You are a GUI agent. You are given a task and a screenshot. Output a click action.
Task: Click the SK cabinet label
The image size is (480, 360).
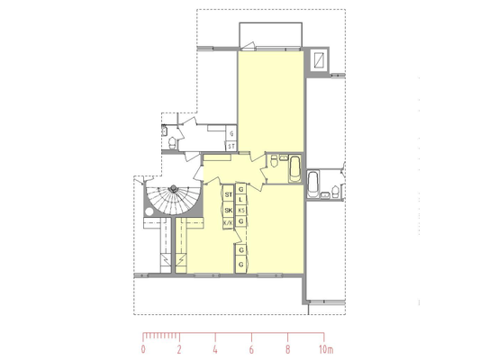pos(229,210)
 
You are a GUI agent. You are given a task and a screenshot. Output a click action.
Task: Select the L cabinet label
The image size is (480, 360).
pos(241,200)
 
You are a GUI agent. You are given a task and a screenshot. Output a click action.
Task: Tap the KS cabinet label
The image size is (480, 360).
pos(241,211)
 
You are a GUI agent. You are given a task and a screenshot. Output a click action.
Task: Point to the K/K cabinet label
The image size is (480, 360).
pos(228,222)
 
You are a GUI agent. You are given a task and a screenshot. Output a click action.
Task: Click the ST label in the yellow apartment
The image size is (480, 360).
pos(229,194)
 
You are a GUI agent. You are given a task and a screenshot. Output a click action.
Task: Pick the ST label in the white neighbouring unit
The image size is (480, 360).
pos(231,147)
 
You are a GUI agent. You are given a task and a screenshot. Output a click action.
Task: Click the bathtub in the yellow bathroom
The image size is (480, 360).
pos(295,169)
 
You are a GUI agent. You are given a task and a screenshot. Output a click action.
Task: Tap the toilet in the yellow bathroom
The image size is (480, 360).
pos(274,161)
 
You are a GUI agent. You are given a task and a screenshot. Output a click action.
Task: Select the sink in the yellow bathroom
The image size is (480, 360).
pos(284,158)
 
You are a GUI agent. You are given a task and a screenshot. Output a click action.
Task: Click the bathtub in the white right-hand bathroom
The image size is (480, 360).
pos(312,184)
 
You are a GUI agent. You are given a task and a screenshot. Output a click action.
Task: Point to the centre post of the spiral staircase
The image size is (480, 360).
pos(174,188)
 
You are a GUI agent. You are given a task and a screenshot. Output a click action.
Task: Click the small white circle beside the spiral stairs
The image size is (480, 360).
pos(149,211)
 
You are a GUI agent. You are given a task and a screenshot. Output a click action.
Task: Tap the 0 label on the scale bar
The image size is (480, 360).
pos(143,349)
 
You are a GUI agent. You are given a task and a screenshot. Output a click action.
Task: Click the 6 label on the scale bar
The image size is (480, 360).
pos(251,349)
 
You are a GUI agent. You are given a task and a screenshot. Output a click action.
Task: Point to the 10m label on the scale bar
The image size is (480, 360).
pos(326,349)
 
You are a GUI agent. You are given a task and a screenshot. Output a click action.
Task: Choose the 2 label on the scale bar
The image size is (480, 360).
pos(179,349)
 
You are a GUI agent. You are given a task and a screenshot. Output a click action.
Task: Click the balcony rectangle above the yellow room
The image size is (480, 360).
pos(270,34)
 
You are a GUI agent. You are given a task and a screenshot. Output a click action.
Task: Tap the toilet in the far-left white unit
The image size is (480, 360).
pos(172,142)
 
